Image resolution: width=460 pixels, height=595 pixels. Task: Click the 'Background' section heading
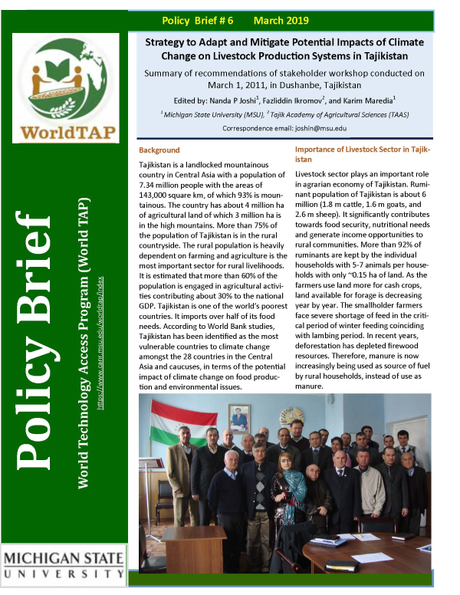(x=159, y=150)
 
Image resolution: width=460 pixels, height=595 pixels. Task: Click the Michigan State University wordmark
(x=64, y=563)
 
